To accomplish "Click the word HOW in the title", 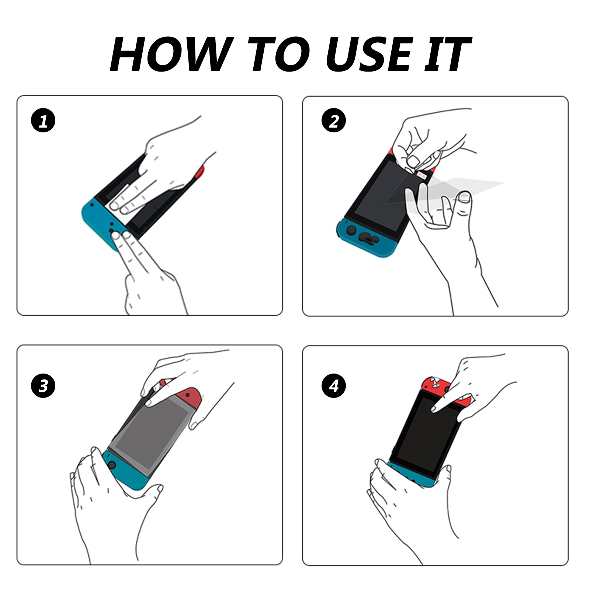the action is point(172,54).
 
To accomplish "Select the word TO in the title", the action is point(280,54).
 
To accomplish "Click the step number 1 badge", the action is point(43,120).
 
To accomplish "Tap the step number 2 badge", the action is point(334,120).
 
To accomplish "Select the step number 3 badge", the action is point(43,386).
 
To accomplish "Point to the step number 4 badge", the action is point(334,386).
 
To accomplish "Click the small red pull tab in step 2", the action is point(422,176).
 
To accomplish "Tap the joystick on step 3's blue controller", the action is point(111,465).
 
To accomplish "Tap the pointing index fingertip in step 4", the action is point(434,409).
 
